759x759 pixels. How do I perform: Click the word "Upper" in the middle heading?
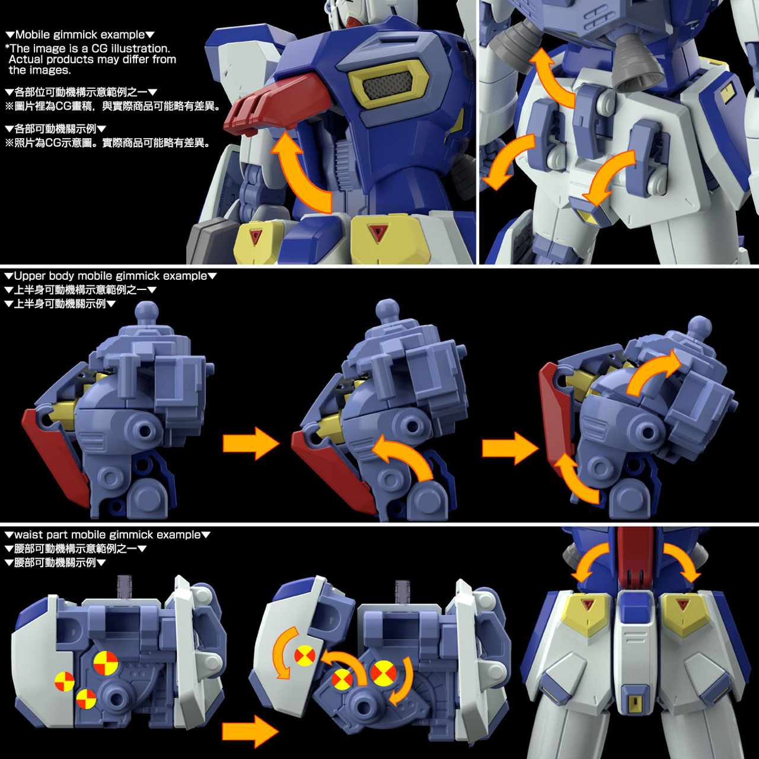click(x=30, y=276)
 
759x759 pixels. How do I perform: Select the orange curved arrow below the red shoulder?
click(x=300, y=172)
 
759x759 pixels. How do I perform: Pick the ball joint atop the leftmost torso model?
click(x=146, y=311)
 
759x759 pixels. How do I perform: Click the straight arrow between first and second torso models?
click(x=250, y=443)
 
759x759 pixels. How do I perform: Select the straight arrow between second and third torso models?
click(x=509, y=448)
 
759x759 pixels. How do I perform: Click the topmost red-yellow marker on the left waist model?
click(x=106, y=662)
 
